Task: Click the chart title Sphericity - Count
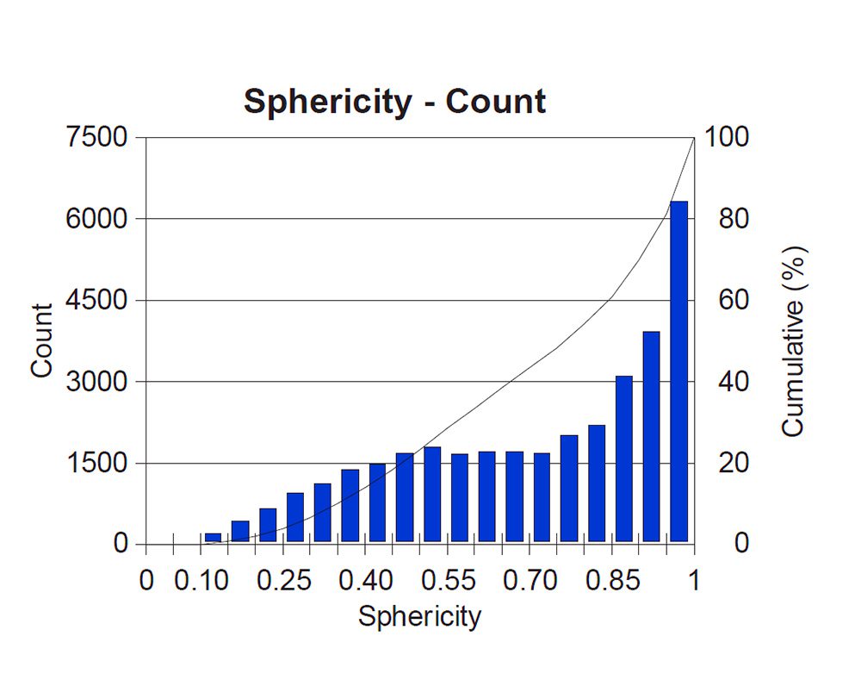(394, 102)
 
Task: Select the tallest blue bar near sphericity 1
(678, 371)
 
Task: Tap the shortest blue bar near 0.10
(213, 538)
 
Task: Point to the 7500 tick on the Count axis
(96, 138)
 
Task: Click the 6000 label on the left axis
(96, 219)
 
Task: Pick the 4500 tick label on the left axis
(96, 301)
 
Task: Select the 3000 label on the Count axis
(96, 382)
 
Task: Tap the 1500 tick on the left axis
(96, 464)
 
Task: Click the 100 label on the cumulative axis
(728, 138)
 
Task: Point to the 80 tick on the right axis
(722, 219)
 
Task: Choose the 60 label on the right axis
(722, 301)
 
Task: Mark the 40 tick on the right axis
(722, 382)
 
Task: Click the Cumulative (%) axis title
(793, 341)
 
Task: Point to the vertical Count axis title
(41, 340)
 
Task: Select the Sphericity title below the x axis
(419, 617)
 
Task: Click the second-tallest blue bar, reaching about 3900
(651, 436)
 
